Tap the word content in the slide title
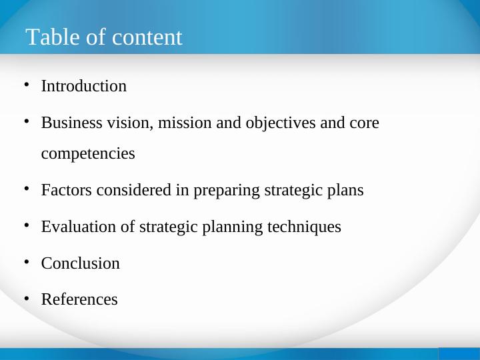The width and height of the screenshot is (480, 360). point(147,37)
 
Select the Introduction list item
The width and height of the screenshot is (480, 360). point(84,87)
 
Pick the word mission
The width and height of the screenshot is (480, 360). point(179,123)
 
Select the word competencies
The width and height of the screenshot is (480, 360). point(88,154)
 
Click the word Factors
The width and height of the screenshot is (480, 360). point(67,191)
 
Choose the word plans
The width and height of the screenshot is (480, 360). point(346,191)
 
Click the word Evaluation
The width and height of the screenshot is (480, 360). point(79,227)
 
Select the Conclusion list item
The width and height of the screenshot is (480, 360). point(81,263)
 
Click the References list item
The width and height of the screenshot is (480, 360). point(79,300)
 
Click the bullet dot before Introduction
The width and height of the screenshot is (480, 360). point(26,85)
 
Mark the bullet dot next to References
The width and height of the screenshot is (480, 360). point(26,298)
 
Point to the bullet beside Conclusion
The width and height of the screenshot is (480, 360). point(26,261)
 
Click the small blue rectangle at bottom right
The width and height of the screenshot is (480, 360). point(459,353)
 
